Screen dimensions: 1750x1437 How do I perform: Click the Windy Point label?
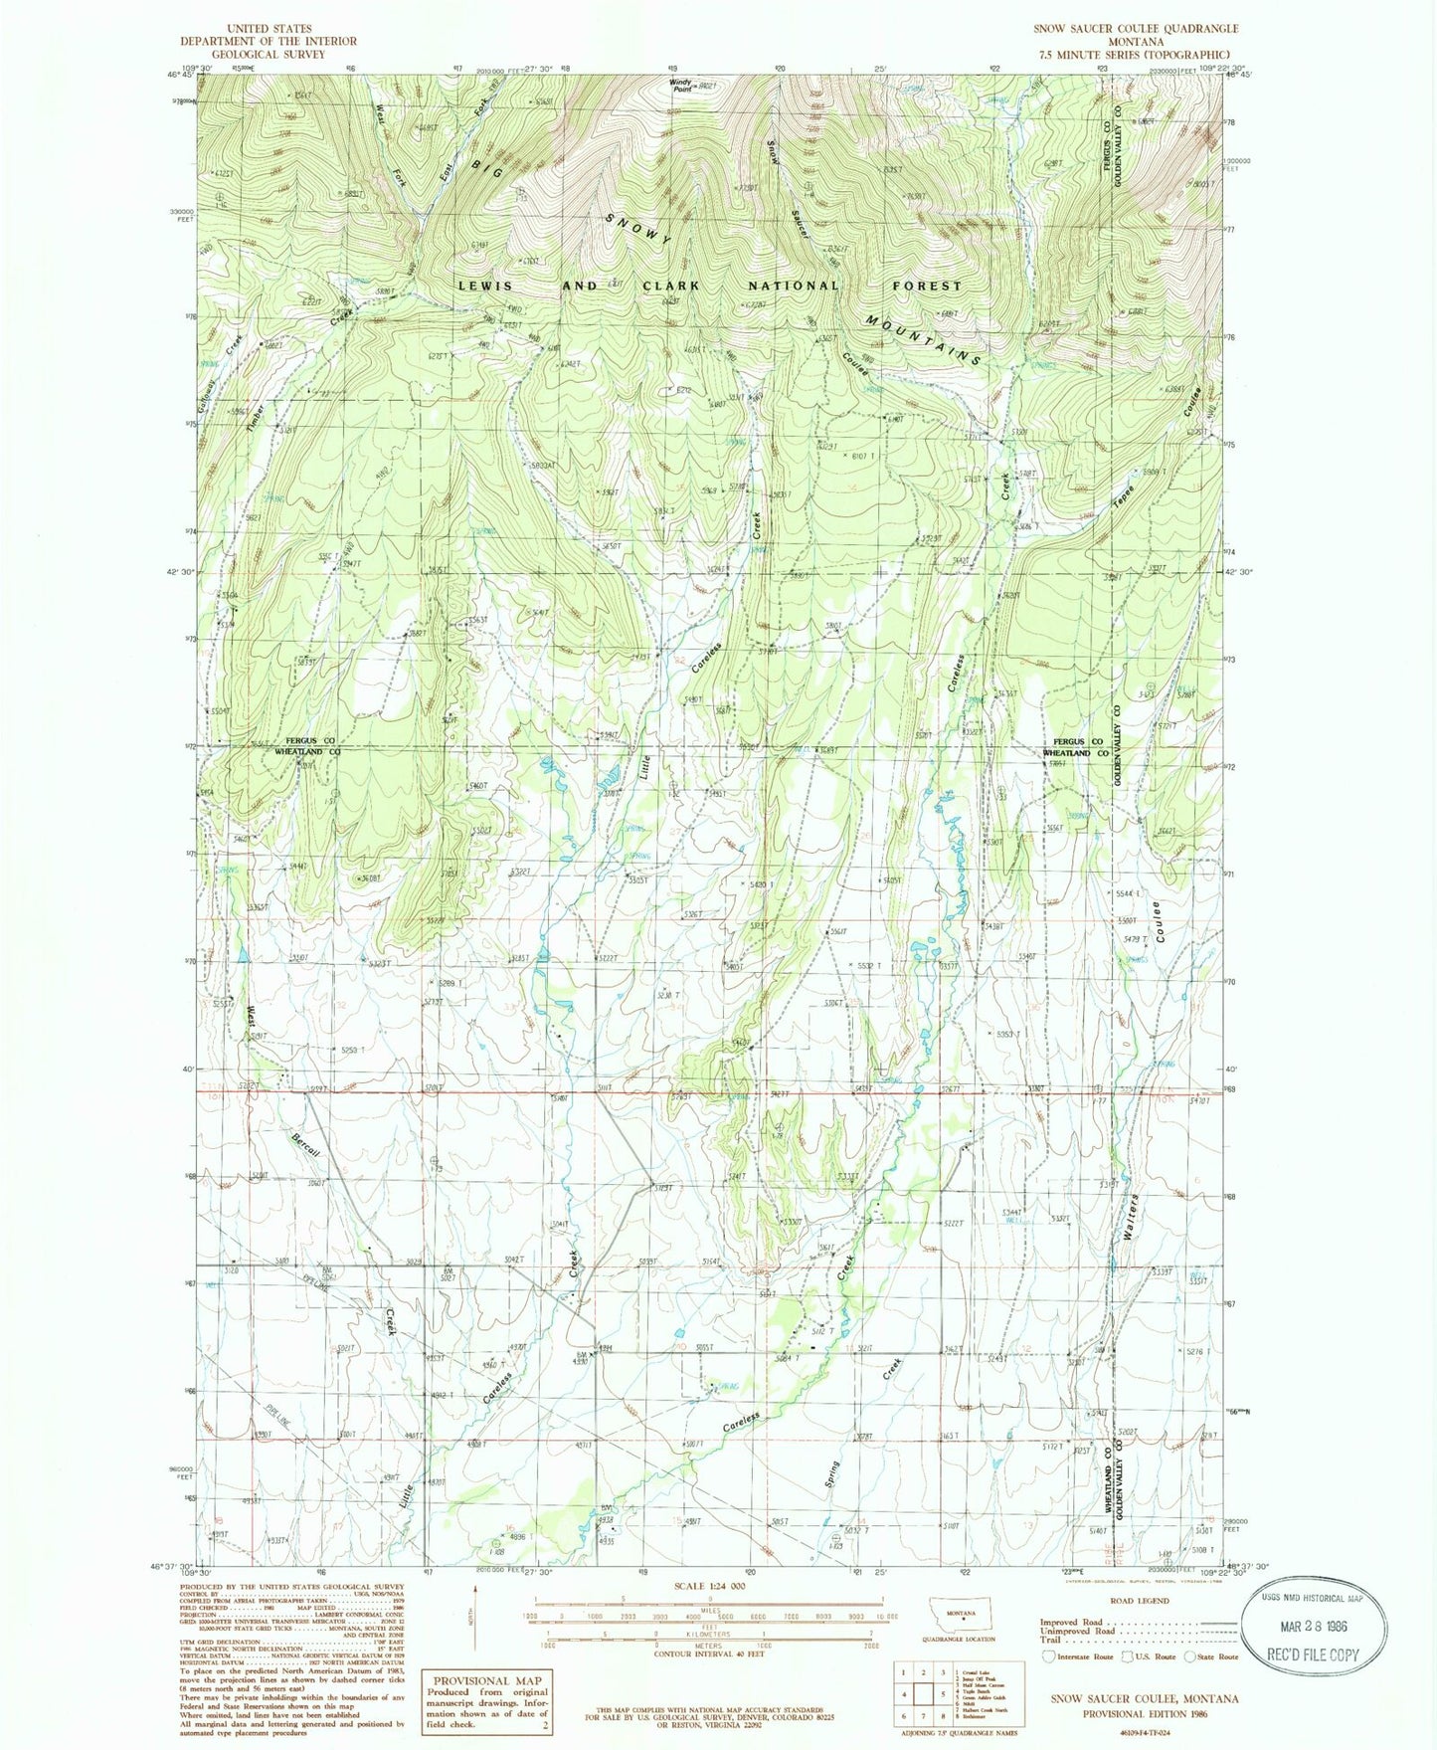pyautogui.click(x=680, y=87)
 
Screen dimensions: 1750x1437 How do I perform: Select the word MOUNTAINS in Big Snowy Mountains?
pyautogui.click(x=923, y=341)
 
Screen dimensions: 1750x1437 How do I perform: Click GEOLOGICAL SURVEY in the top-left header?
pyautogui.click(x=269, y=54)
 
